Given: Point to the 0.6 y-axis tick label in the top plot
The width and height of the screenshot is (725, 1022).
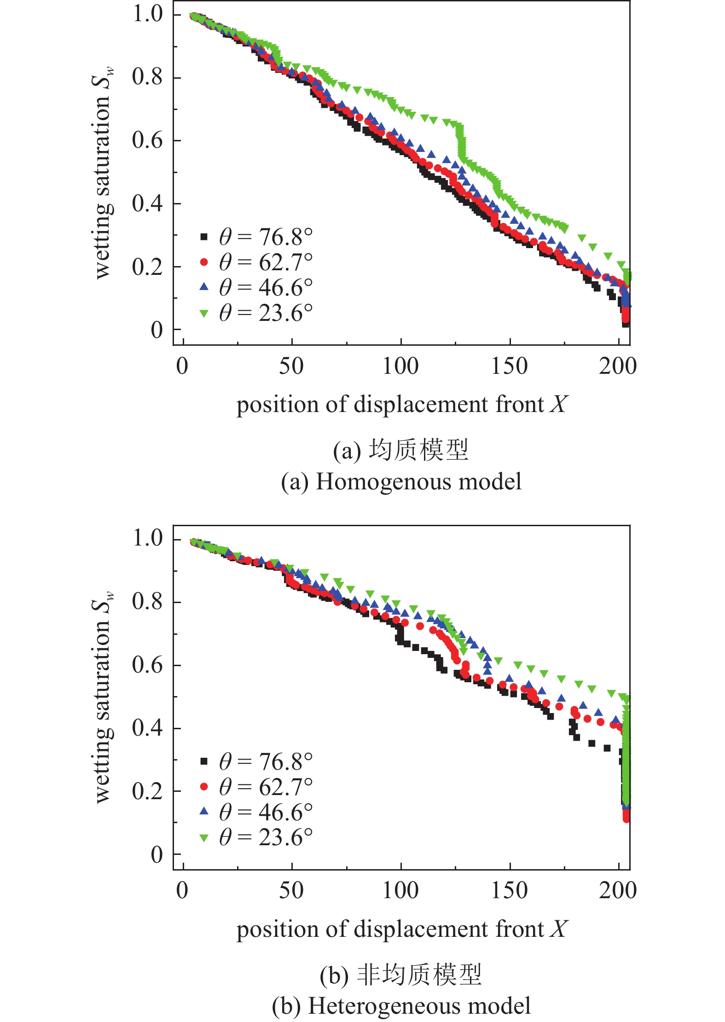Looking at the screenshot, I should click(x=147, y=140).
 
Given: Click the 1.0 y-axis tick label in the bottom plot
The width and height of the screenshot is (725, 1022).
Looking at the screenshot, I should click(x=147, y=538).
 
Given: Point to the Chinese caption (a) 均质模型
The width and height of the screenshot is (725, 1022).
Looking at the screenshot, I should click(x=400, y=450).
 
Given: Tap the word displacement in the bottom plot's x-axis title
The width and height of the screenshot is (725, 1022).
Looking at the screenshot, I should click(x=421, y=929).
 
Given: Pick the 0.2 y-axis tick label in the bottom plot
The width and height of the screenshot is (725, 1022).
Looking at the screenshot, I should click(x=147, y=791).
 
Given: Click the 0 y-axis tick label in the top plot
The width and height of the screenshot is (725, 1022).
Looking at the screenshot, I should click(x=157, y=330).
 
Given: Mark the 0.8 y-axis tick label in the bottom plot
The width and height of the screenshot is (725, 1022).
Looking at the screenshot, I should click(x=147, y=601).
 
